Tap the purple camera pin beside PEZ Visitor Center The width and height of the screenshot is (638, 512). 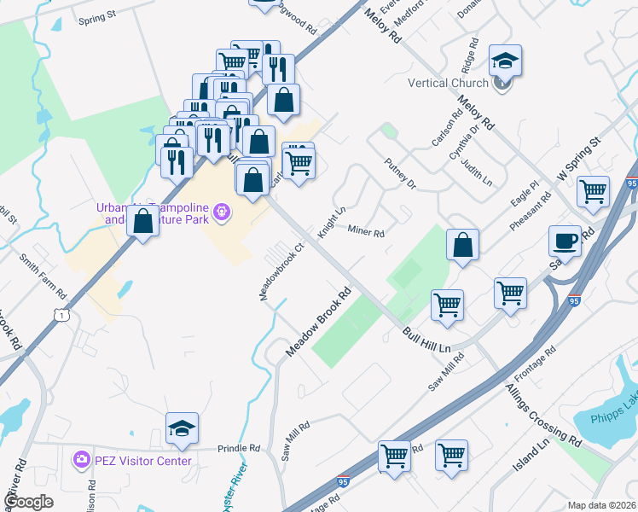82,460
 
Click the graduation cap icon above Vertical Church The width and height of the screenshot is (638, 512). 505,61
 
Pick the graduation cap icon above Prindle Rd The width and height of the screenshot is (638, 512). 182,428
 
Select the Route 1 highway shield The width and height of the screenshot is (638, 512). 61,316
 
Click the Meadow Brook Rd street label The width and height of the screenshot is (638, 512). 319,327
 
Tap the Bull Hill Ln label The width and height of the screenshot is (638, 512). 426,336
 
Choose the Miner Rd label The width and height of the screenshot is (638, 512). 367,231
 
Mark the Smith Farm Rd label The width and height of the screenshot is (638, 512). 43,272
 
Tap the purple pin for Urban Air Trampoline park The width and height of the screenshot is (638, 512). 222,210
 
